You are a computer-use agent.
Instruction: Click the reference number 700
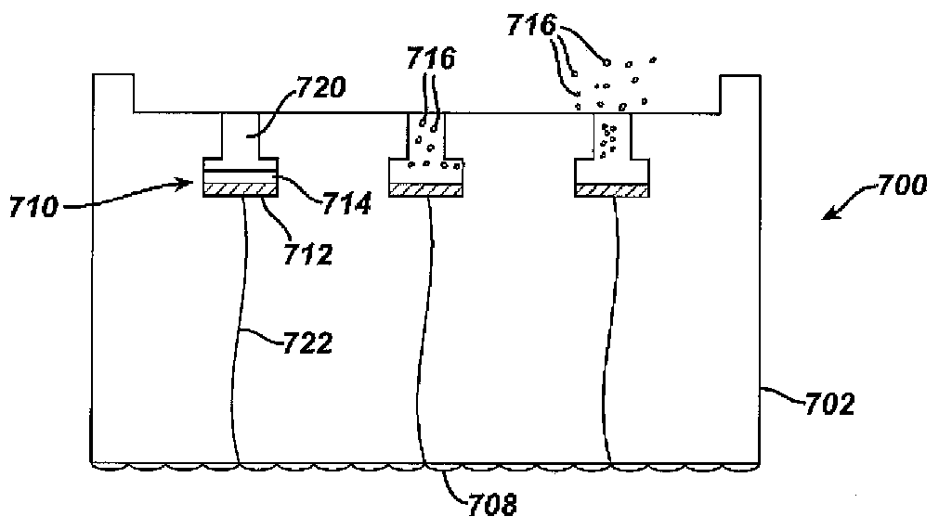pyautogui.click(x=899, y=187)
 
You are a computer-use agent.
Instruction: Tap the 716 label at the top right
pyautogui.click(x=532, y=26)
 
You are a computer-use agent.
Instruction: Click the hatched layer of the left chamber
pyautogui.click(x=241, y=188)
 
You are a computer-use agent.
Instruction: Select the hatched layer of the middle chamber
pyautogui.click(x=425, y=188)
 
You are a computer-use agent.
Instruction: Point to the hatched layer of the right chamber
pyautogui.click(x=612, y=189)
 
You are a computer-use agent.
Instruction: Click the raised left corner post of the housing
pyautogui.click(x=114, y=93)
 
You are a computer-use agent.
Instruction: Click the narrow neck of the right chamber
pyautogui.click(x=612, y=136)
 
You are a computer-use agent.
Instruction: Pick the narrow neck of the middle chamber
pyautogui.click(x=425, y=136)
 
